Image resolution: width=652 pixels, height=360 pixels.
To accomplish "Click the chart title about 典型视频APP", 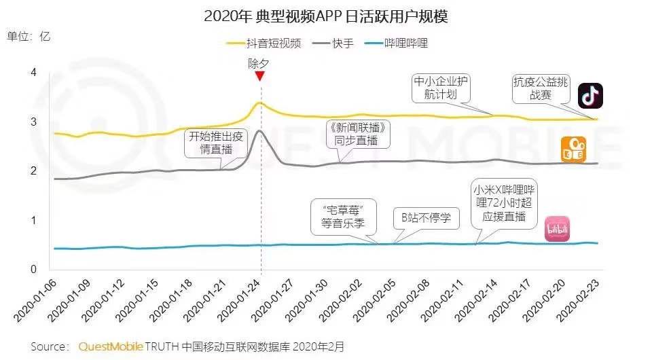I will [x=325, y=16].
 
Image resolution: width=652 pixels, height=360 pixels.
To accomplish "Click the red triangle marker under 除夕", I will [x=259, y=76].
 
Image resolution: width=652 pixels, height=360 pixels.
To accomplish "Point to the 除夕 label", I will [x=259, y=63].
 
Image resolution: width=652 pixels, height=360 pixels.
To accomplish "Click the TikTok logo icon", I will [x=590, y=95].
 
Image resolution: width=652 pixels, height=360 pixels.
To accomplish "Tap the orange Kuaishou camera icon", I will [x=573, y=149].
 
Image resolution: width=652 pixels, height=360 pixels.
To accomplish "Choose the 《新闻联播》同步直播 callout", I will [x=359, y=134].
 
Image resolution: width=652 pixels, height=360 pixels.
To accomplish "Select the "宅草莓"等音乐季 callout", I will [x=343, y=215].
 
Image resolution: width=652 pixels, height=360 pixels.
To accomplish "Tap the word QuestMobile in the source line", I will [x=110, y=346].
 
